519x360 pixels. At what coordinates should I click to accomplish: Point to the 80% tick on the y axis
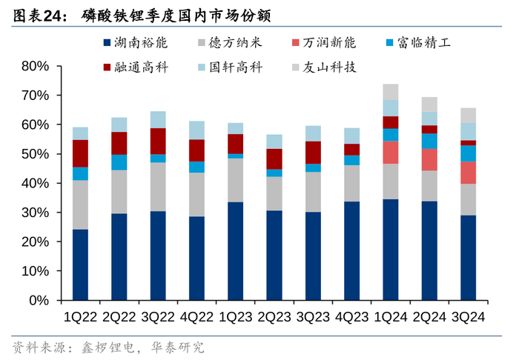pos(35,66)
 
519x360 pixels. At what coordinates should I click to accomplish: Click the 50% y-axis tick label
pos(35,154)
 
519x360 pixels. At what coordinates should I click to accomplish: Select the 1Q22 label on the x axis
pos(80,317)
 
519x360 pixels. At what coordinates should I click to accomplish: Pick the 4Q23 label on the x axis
pos(351,317)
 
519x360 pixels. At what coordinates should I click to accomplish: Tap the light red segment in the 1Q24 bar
pos(390,152)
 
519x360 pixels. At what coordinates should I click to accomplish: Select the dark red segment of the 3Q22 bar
pos(158,141)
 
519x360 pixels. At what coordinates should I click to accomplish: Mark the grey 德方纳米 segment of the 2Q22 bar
pos(119,192)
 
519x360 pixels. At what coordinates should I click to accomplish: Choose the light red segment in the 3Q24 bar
pos(468,172)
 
